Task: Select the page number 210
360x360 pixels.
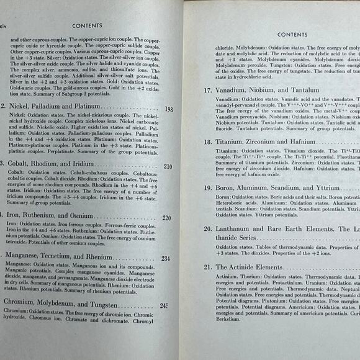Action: click(168, 167)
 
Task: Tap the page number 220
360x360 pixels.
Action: click(166, 218)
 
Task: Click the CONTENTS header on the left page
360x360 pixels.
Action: click(88, 26)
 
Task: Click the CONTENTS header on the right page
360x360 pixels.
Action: click(292, 34)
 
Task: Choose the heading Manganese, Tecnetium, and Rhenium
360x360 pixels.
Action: click(58, 258)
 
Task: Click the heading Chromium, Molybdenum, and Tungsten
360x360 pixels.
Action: click(58, 305)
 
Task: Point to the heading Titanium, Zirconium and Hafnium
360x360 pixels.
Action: click(270, 142)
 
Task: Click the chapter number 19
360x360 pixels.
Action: click(208, 187)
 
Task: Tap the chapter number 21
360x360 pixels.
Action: click(209, 268)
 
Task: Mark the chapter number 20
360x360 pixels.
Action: click(209, 228)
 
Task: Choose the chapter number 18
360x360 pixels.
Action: click(208, 142)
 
